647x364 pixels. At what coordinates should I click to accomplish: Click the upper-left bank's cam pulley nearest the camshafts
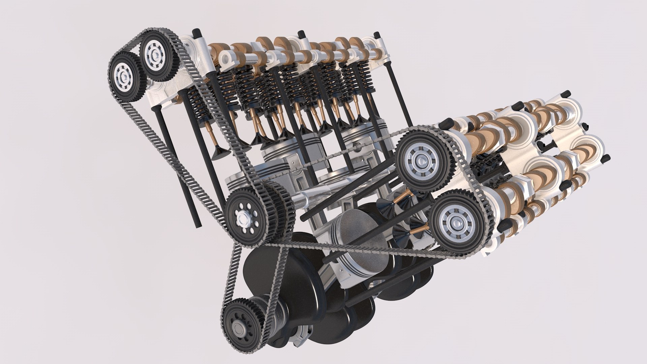pyautogui.click(x=156, y=55)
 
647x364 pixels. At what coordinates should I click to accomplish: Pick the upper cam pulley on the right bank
pyautogui.click(x=421, y=158)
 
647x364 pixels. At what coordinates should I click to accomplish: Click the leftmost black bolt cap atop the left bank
pyautogui.click(x=196, y=32)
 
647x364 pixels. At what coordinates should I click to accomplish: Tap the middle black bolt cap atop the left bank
pyautogui.click(x=301, y=34)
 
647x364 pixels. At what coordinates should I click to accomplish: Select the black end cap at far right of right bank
pyautogui.click(x=606, y=158)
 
